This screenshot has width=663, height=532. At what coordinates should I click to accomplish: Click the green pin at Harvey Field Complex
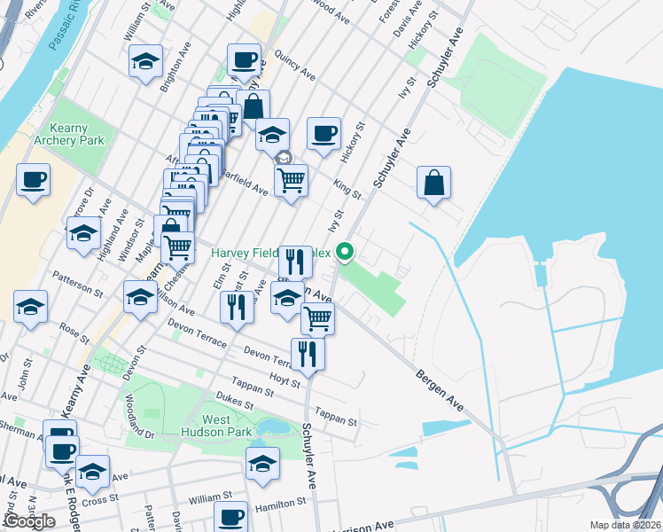tap(347, 254)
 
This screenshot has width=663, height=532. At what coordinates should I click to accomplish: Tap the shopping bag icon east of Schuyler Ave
tap(434, 184)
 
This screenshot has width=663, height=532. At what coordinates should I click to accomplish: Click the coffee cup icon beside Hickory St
tap(324, 134)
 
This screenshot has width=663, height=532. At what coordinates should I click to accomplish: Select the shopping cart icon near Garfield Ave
tap(291, 181)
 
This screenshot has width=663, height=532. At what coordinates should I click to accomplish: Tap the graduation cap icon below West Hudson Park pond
tap(262, 464)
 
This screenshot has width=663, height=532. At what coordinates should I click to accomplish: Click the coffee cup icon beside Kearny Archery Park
tap(34, 180)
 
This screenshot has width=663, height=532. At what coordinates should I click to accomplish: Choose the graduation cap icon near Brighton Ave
tap(145, 62)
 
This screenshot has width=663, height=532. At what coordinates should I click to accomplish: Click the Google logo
tap(29, 520)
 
